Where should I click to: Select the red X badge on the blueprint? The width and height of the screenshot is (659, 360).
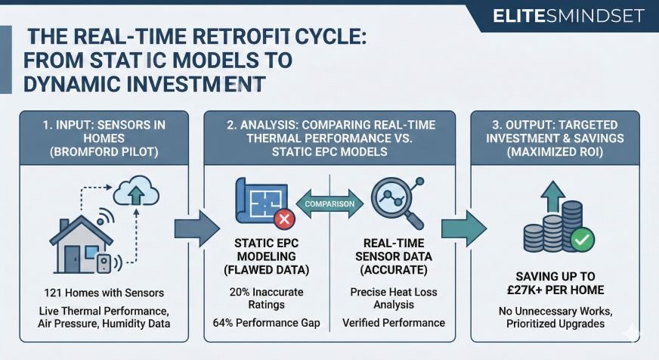[x=285, y=220]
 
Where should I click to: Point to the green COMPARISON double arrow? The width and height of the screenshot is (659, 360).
[x=329, y=204]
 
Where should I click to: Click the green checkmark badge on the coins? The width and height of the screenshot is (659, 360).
[x=583, y=240]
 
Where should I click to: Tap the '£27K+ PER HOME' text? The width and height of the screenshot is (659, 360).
[x=555, y=290]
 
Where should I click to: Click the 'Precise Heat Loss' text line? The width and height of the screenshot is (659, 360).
[x=393, y=292]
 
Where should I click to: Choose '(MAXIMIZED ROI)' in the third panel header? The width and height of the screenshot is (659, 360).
[x=555, y=151]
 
